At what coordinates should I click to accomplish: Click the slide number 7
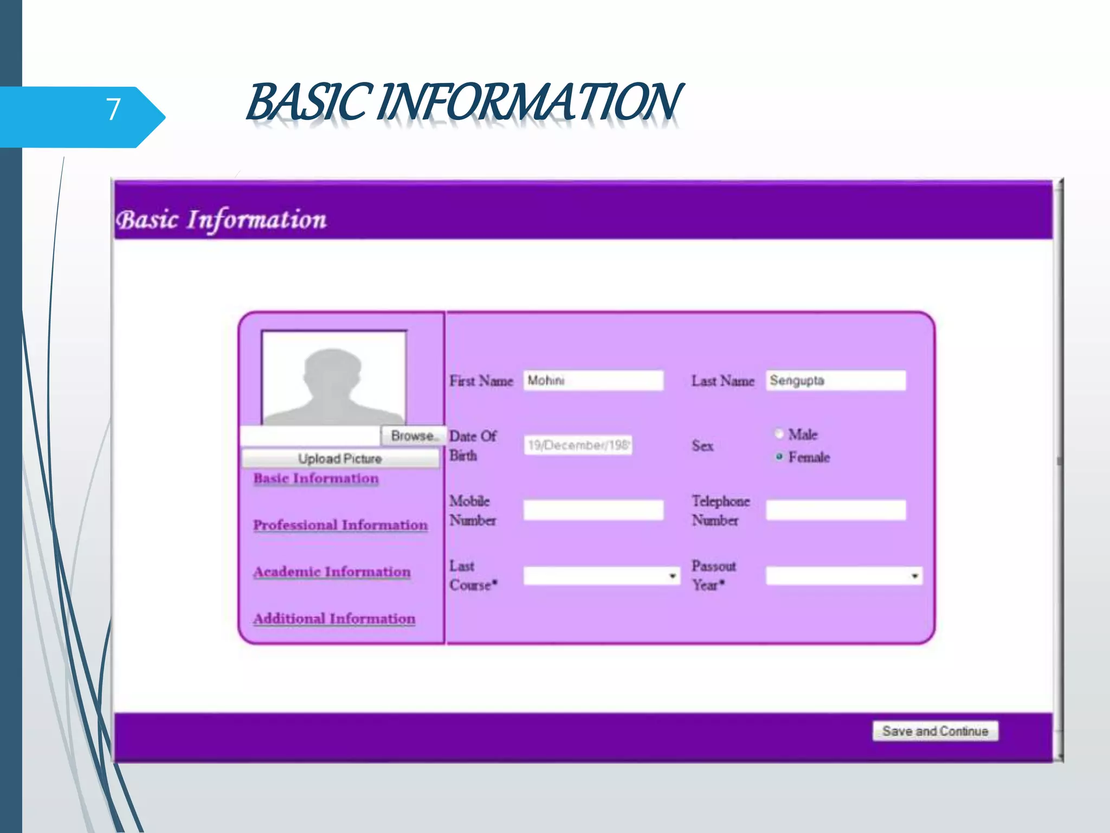tap(113, 110)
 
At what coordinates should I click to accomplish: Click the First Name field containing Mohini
tap(593, 381)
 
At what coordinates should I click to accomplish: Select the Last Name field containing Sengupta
tap(835, 381)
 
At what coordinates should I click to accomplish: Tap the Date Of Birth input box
tap(578, 445)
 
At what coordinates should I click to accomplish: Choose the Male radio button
tap(779, 434)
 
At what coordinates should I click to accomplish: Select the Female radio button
tap(779, 457)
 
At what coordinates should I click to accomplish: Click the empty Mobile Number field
tap(593, 510)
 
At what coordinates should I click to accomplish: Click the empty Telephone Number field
tap(835, 510)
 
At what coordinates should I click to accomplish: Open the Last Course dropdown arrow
tap(672, 576)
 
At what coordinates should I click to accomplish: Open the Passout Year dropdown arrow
tap(914, 576)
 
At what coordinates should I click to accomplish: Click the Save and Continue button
tap(935, 731)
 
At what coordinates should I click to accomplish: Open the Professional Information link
tap(340, 525)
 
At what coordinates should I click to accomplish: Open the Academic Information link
tap(332, 572)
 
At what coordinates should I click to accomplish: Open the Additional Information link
tap(334, 618)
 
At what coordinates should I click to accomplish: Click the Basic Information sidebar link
tap(316, 478)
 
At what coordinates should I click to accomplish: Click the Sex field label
tap(702, 446)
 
